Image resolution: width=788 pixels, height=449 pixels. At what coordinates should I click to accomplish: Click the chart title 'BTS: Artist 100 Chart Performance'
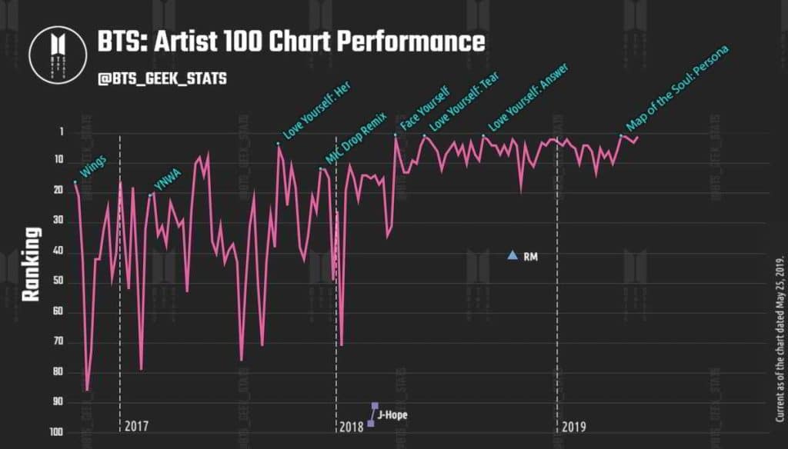pyautogui.click(x=291, y=42)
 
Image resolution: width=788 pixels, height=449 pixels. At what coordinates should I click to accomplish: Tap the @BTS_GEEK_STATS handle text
pyautogui.click(x=162, y=79)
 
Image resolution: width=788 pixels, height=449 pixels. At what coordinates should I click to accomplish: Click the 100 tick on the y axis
pyautogui.click(x=54, y=432)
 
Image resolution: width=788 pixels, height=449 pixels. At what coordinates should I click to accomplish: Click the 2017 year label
pyautogui.click(x=136, y=426)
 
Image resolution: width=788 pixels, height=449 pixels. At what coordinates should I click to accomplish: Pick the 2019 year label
pyautogui.click(x=573, y=426)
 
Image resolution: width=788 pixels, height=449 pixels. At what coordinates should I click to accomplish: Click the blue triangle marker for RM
pyautogui.click(x=513, y=255)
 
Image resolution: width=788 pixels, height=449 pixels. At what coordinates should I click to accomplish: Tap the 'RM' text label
pyautogui.click(x=530, y=257)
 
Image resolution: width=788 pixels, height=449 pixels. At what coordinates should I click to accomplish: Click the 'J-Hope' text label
pyautogui.click(x=392, y=415)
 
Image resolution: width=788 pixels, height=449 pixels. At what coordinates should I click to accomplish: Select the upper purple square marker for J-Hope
pyautogui.click(x=375, y=405)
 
